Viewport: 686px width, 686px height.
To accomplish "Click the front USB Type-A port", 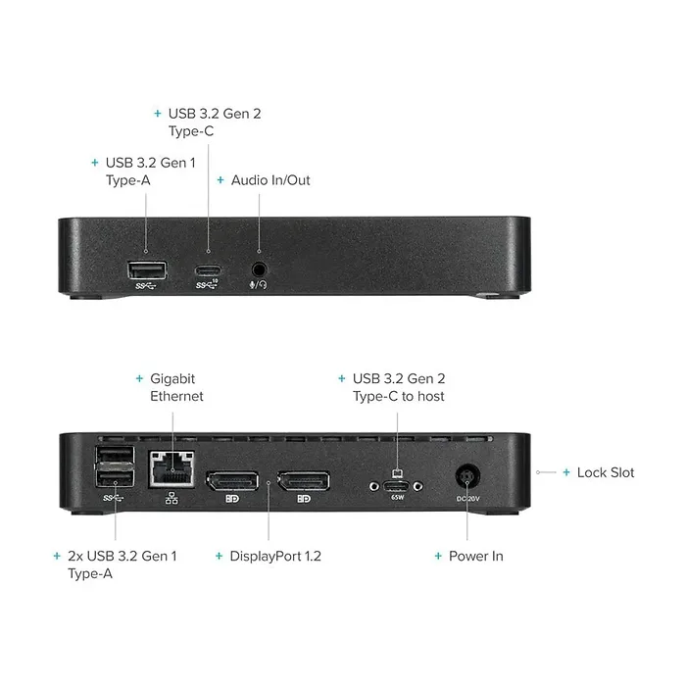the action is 147,269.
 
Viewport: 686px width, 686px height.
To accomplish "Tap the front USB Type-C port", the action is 208,270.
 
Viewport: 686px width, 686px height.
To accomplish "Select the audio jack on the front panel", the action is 259,269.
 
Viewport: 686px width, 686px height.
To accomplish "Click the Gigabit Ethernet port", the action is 171,468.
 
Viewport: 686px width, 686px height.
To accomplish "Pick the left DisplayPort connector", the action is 232,481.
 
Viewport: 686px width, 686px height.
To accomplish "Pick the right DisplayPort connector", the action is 304,481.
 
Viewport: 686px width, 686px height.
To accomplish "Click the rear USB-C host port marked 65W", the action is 396,486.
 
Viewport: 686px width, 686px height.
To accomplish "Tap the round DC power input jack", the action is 467,477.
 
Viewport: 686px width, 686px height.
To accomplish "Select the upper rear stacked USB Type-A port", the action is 115,455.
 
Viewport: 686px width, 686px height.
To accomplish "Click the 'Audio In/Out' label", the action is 270,180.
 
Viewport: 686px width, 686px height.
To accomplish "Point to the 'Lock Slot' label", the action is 606,472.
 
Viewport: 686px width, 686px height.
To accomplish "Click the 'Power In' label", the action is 476,556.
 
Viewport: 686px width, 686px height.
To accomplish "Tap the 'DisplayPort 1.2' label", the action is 275,556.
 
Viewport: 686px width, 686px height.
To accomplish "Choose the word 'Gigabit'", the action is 172,379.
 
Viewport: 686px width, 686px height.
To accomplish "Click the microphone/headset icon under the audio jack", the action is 258,285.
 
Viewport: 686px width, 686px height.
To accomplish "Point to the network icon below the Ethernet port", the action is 171,498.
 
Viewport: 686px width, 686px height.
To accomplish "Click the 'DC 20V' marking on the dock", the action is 467,498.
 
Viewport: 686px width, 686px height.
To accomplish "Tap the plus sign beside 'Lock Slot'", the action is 566,472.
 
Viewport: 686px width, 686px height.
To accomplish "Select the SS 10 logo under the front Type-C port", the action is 207,284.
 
